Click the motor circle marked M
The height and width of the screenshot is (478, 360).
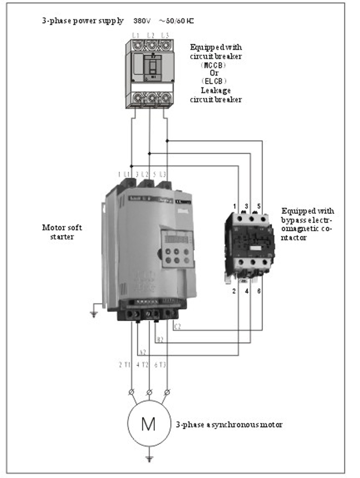pos(148,424)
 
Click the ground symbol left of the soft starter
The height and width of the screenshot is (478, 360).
pos(93,313)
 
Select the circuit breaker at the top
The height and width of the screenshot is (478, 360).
pos(150,73)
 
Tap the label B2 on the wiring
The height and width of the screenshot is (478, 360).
pos(160,340)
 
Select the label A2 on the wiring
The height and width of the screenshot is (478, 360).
pos(143,352)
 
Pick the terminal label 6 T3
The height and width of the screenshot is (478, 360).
pos(161,365)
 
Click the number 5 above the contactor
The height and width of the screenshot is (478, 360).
pos(260,207)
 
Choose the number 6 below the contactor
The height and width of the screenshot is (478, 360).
pos(260,291)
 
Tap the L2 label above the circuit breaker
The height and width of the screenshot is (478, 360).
pos(150,35)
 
